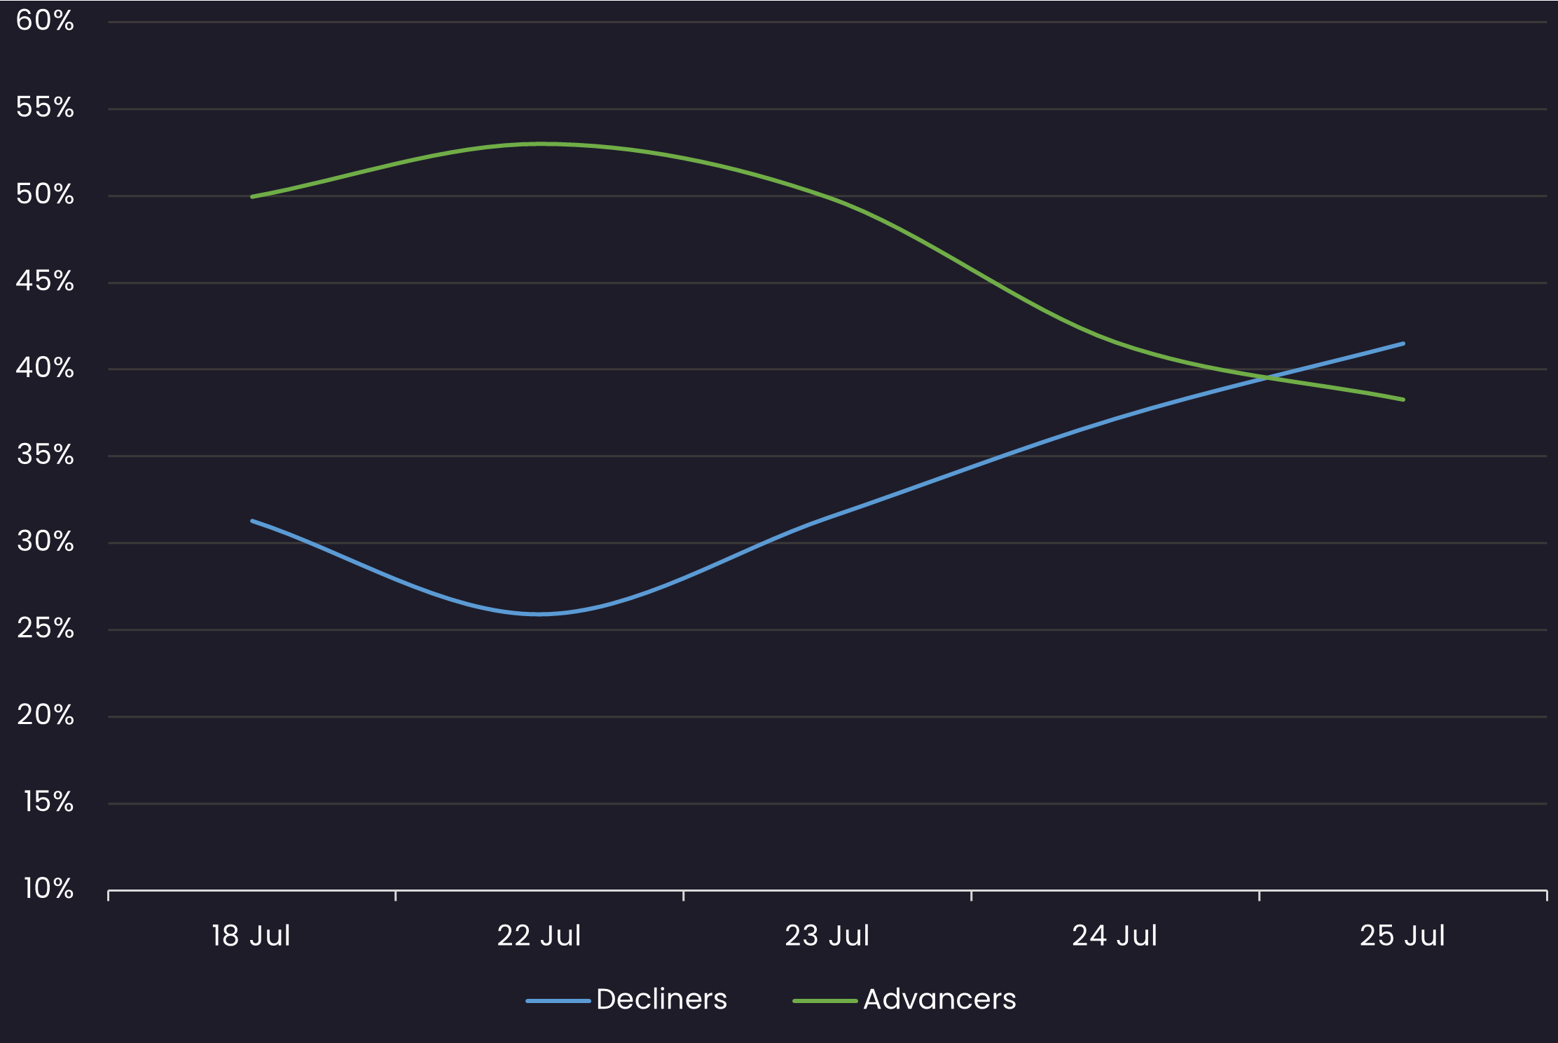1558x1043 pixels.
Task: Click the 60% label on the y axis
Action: [45, 21]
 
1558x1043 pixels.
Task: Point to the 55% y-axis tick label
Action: [45, 108]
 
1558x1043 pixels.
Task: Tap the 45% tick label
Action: [45, 282]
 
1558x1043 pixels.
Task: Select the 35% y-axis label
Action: [45, 456]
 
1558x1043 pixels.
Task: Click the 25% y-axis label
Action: [45, 629]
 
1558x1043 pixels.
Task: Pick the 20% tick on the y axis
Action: [45, 716]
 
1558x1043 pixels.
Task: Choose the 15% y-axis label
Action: [48, 803]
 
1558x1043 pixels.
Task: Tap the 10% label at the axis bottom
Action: [48, 889]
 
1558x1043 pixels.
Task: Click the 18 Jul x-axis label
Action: [251, 936]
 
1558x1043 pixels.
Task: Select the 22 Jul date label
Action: [539, 936]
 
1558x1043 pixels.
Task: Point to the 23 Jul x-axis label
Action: [827, 936]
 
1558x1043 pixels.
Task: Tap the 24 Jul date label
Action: [1115, 936]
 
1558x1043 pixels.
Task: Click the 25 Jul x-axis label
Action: [1402, 936]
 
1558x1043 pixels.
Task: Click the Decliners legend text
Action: [661, 1000]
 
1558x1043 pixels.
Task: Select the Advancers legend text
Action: [939, 1000]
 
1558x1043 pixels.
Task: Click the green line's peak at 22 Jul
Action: [539, 144]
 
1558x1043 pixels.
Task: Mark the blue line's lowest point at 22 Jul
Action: [539, 614]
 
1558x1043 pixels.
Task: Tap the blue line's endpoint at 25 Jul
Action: [1403, 343]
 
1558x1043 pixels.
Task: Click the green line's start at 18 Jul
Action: [252, 197]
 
